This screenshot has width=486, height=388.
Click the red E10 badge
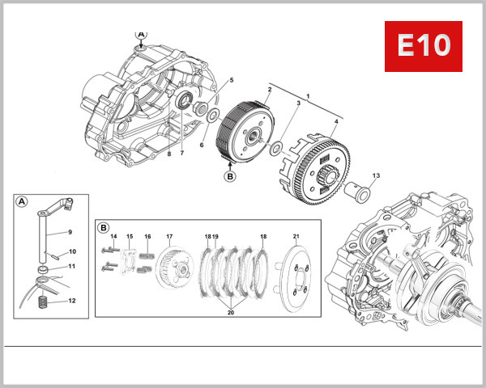tap(423, 46)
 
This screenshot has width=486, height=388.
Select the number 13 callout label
tap(376, 175)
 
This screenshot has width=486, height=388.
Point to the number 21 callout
tap(296, 236)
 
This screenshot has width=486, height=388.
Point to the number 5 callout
tap(231, 80)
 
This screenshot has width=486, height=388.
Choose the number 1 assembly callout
tap(306, 95)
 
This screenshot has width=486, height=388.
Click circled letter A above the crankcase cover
tap(142, 35)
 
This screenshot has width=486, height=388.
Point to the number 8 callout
tap(168, 153)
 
